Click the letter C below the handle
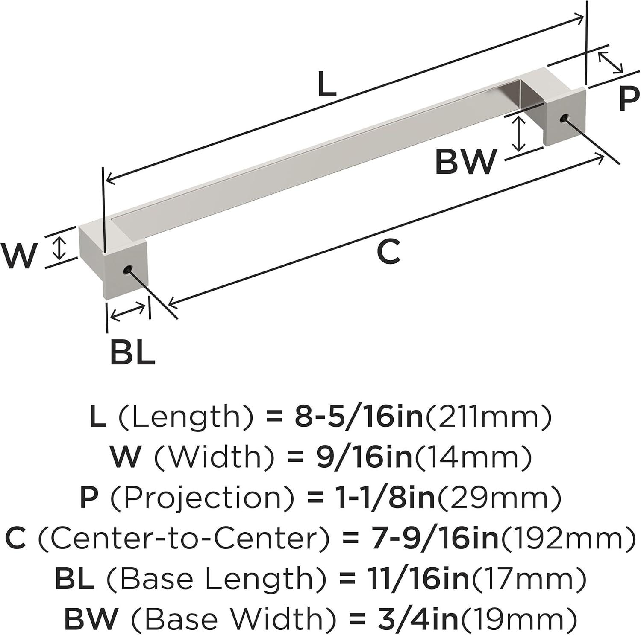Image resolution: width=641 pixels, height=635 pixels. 388,252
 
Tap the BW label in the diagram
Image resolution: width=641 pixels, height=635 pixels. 466,162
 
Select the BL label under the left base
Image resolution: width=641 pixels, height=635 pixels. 132,352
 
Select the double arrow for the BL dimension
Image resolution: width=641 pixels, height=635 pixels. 128,311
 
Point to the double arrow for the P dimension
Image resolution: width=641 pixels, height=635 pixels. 610,62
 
